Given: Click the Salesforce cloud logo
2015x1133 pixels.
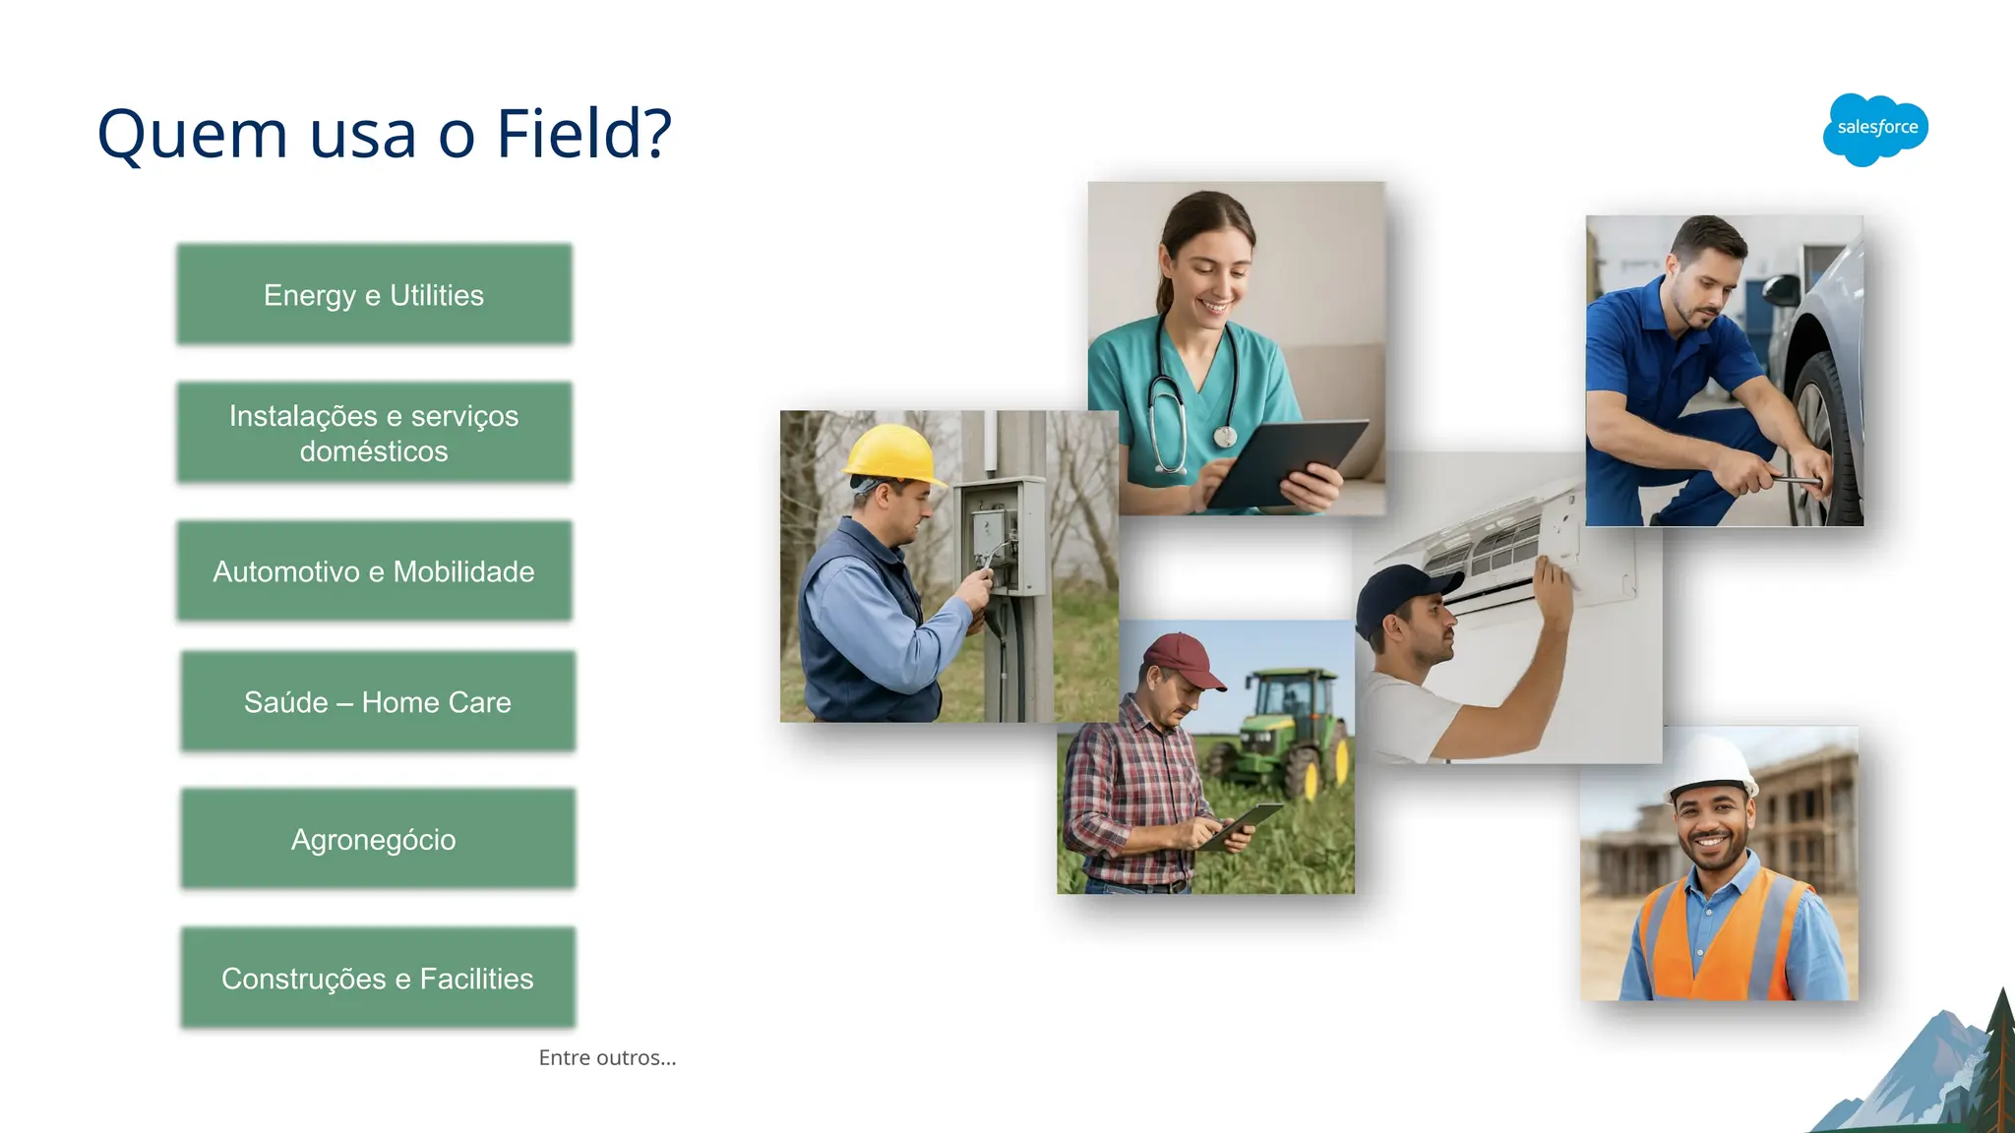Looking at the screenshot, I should coord(1875,129).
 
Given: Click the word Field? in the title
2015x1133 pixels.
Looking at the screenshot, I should coord(583,134).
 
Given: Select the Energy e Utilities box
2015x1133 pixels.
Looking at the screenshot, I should coord(374,295).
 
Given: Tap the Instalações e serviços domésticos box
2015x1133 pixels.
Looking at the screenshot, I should coord(374,433).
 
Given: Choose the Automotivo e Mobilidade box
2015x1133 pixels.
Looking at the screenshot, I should coord(374,571).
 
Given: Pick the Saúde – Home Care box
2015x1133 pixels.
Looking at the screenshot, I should coord(378,702).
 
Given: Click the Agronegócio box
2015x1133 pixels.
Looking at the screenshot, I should coord(378,840).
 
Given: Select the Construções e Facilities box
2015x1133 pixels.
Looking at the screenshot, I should coord(378,979).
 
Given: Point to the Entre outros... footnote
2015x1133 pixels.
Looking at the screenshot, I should coord(607,1058).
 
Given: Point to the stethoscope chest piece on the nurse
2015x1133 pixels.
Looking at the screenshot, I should coord(1225,436).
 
